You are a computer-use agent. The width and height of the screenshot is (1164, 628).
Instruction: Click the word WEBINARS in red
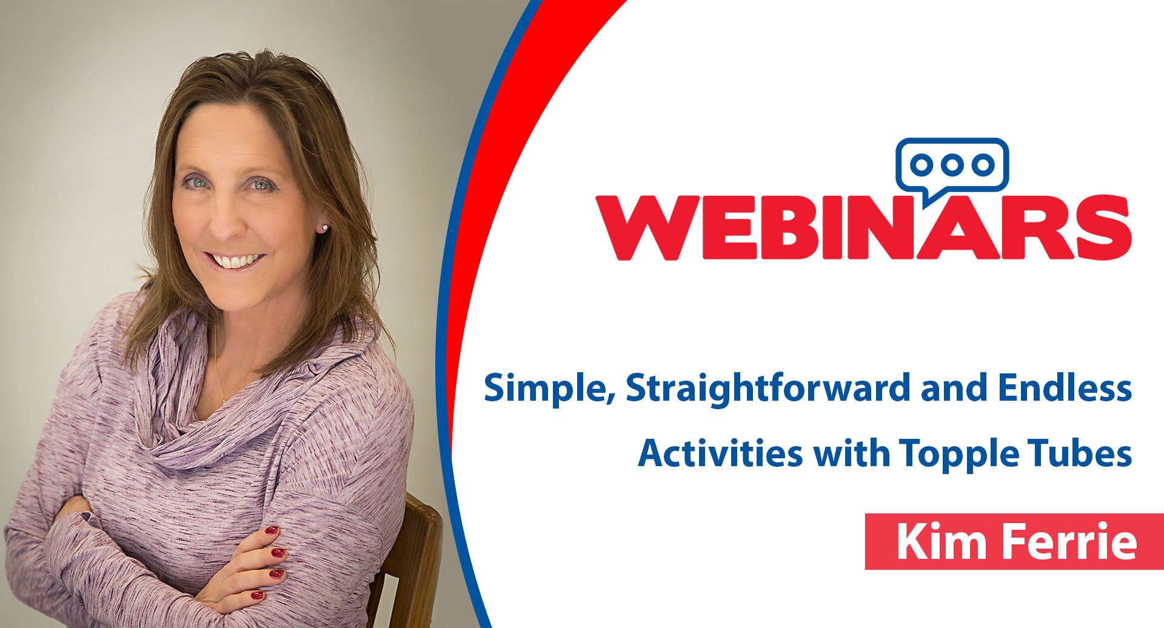[x=863, y=227]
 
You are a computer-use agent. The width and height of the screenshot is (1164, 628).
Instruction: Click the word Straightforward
[x=768, y=388]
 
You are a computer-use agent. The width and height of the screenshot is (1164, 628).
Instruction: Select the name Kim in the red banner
[x=942, y=541]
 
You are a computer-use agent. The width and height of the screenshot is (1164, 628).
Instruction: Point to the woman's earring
[x=324, y=228]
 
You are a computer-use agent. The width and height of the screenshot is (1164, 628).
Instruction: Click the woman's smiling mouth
[x=235, y=261]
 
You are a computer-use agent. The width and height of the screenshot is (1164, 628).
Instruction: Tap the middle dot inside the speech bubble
[x=952, y=164]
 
